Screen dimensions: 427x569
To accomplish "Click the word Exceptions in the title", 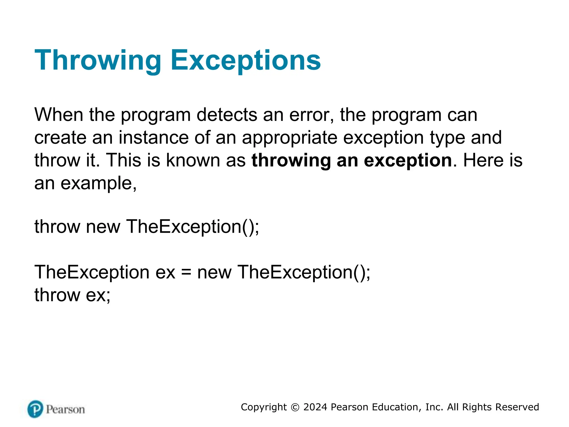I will (246, 60).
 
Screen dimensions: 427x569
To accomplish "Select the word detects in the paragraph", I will (227, 115).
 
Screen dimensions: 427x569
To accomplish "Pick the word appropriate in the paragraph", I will (289, 138).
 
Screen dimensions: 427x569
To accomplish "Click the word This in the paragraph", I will (124, 160).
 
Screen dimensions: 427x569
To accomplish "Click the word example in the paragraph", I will (98, 183).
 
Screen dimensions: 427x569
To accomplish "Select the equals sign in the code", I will (186, 272).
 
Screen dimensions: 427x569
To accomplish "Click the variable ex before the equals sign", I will (165, 272).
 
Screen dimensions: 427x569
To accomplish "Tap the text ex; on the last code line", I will (98, 295).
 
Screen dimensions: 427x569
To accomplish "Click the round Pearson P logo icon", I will (35, 409).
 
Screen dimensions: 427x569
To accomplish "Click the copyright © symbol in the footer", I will (295, 407).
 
